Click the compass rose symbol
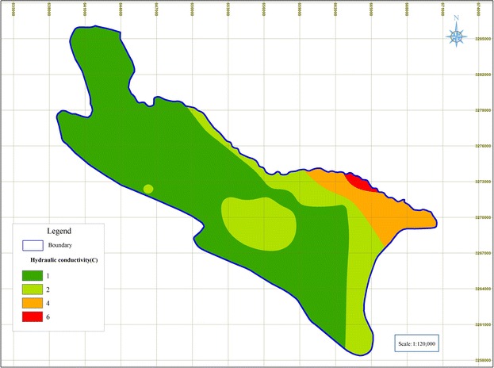(456, 36)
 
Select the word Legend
(59, 231)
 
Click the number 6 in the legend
(59, 317)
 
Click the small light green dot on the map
(148, 189)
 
